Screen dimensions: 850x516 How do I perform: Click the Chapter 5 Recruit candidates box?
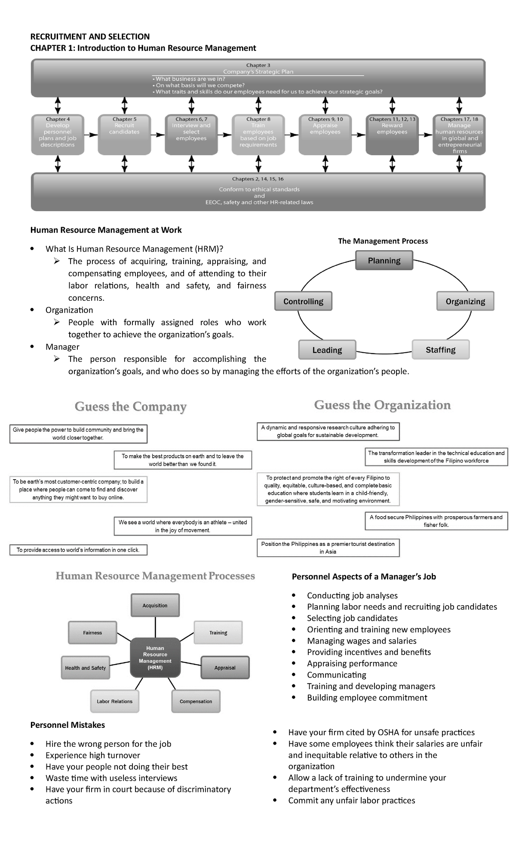[x=124, y=134]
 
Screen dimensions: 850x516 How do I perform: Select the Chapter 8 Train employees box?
[x=258, y=134]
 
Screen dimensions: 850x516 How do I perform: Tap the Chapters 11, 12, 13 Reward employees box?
[x=392, y=134]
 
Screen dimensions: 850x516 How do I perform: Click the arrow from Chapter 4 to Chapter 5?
[x=91, y=135]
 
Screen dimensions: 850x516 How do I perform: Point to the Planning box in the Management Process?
[x=384, y=260]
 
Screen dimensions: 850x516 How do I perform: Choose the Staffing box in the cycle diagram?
[x=440, y=349]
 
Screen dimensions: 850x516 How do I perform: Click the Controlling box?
[x=304, y=301]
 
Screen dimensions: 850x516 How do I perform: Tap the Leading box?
[x=327, y=350]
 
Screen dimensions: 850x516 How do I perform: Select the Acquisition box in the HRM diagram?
[x=155, y=605]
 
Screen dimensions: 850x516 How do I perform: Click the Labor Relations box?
[x=114, y=701]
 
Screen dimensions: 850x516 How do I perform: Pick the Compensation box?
[x=196, y=701]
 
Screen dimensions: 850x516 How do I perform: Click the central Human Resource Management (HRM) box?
[x=155, y=658]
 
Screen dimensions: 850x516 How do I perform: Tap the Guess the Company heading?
[x=130, y=407]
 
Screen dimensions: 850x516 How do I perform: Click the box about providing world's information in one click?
[x=78, y=550]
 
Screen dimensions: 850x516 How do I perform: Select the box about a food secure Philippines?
[x=436, y=521]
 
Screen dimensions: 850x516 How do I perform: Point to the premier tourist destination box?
[x=328, y=548]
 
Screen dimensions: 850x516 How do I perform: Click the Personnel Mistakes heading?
[x=68, y=725]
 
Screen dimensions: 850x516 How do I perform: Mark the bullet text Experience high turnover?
[x=93, y=755]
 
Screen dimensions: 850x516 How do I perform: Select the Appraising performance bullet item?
[x=352, y=663]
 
